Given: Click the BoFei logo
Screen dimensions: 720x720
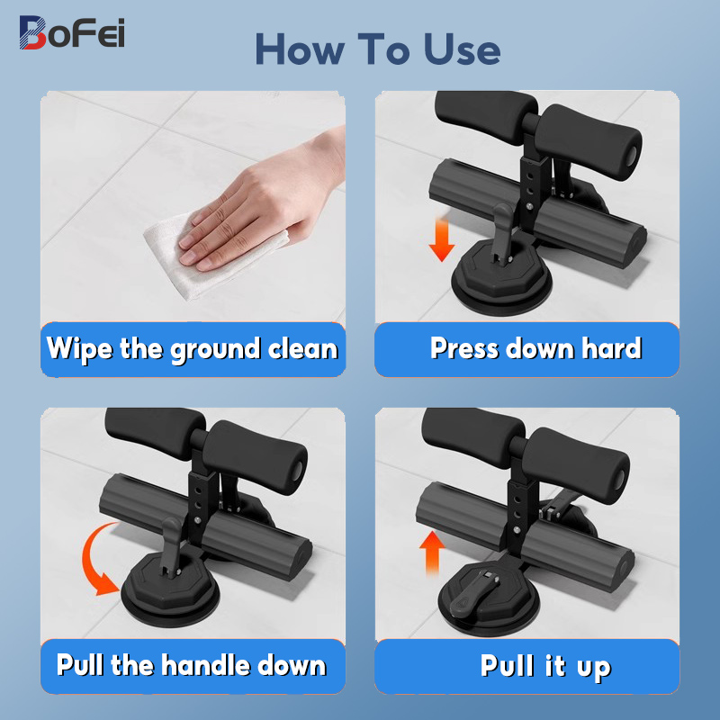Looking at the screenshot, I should tap(72, 32).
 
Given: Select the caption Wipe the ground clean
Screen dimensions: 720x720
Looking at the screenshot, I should tap(193, 348).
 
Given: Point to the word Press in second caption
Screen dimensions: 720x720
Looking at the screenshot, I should tap(463, 348).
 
